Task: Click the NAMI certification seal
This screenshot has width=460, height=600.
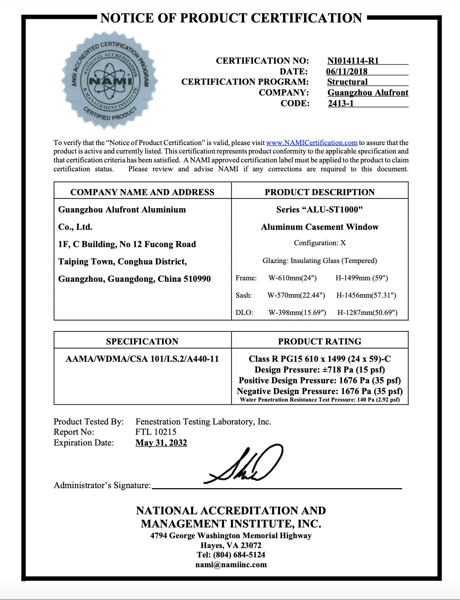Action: click(x=111, y=80)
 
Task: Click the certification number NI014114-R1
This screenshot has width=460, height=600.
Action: click(x=353, y=61)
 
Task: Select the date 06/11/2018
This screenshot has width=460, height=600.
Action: click(x=347, y=72)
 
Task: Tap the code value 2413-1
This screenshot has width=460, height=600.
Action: click(x=341, y=103)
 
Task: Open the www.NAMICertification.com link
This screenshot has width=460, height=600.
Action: click(x=312, y=143)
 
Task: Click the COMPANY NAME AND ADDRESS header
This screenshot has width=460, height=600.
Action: click(x=142, y=192)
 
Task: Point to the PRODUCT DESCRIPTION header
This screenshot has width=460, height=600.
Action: click(x=319, y=192)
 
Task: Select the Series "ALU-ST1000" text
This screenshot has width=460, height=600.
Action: click(x=319, y=210)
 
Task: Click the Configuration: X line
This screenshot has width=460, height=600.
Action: click(x=319, y=243)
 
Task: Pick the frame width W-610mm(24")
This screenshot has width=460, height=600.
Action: click(x=292, y=278)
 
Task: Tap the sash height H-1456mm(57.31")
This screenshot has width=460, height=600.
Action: click(x=366, y=295)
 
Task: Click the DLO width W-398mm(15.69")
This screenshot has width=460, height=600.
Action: click(x=297, y=313)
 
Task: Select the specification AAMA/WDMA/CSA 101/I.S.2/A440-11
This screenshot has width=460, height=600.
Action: click(x=142, y=359)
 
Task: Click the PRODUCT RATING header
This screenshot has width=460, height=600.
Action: click(x=319, y=342)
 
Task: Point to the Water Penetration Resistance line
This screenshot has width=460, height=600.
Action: click(x=319, y=400)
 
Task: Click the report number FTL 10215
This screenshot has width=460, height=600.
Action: click(x=156, y=432)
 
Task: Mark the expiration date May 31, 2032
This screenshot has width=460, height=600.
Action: click(x=161, y=443)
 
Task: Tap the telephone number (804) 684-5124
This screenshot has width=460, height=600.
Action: click(x=239, y=555)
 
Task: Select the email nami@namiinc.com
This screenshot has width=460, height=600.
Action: click(x=231, y=565)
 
